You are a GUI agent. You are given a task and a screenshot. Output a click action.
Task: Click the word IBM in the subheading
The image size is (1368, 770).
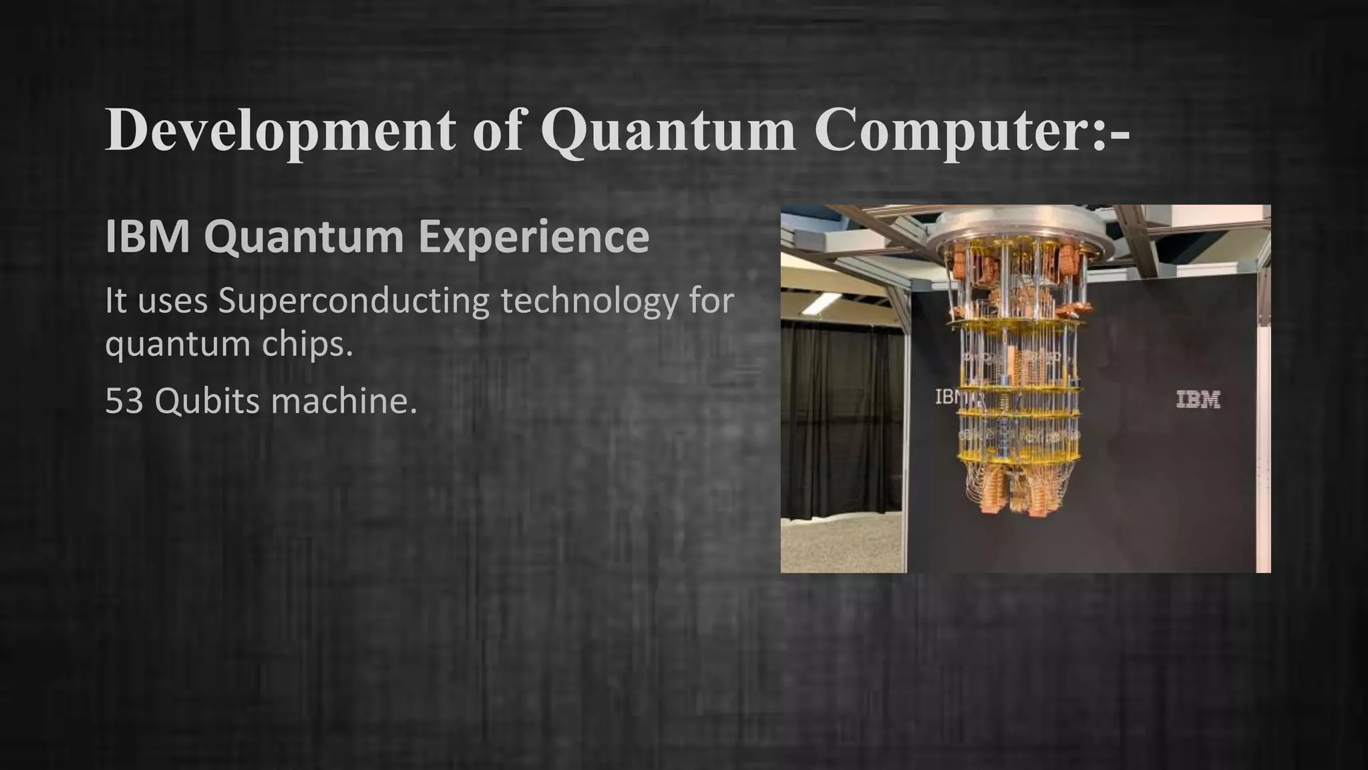coord(148,237)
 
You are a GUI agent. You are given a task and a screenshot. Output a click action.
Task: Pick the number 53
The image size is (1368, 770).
coord(124,401)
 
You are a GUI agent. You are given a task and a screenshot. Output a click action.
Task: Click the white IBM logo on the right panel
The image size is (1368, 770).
coord(1198,400)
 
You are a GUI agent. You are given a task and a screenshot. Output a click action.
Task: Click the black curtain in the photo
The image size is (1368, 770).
coord(835,414)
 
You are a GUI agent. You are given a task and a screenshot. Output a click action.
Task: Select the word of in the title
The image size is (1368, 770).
coord(498,131)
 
